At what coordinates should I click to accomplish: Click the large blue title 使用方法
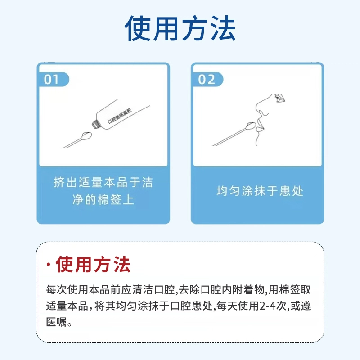[x=180, y=28]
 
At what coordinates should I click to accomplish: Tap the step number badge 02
[x=207, y=80]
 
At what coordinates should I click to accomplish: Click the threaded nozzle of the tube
[x=95, y=124]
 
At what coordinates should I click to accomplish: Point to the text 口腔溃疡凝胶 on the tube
[x=120, y=116]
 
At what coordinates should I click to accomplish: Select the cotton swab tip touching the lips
[x=251, y=126]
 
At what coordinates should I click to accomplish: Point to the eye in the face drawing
[x=279, y=98]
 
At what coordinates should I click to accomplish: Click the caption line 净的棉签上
[x=103, y=199]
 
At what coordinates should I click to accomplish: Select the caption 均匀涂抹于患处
[x=260, y=191]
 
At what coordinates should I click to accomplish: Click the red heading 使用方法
[x=93, y=264]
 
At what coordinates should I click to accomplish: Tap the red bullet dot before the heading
[x=49, y=265]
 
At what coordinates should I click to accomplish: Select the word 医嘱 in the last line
[x=57, y=322]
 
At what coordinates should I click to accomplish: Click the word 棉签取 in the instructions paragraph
[x=295, y=289]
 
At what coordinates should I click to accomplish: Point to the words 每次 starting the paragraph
[x=57, y=289]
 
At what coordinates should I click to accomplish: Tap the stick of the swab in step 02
[x=229, y=137]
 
